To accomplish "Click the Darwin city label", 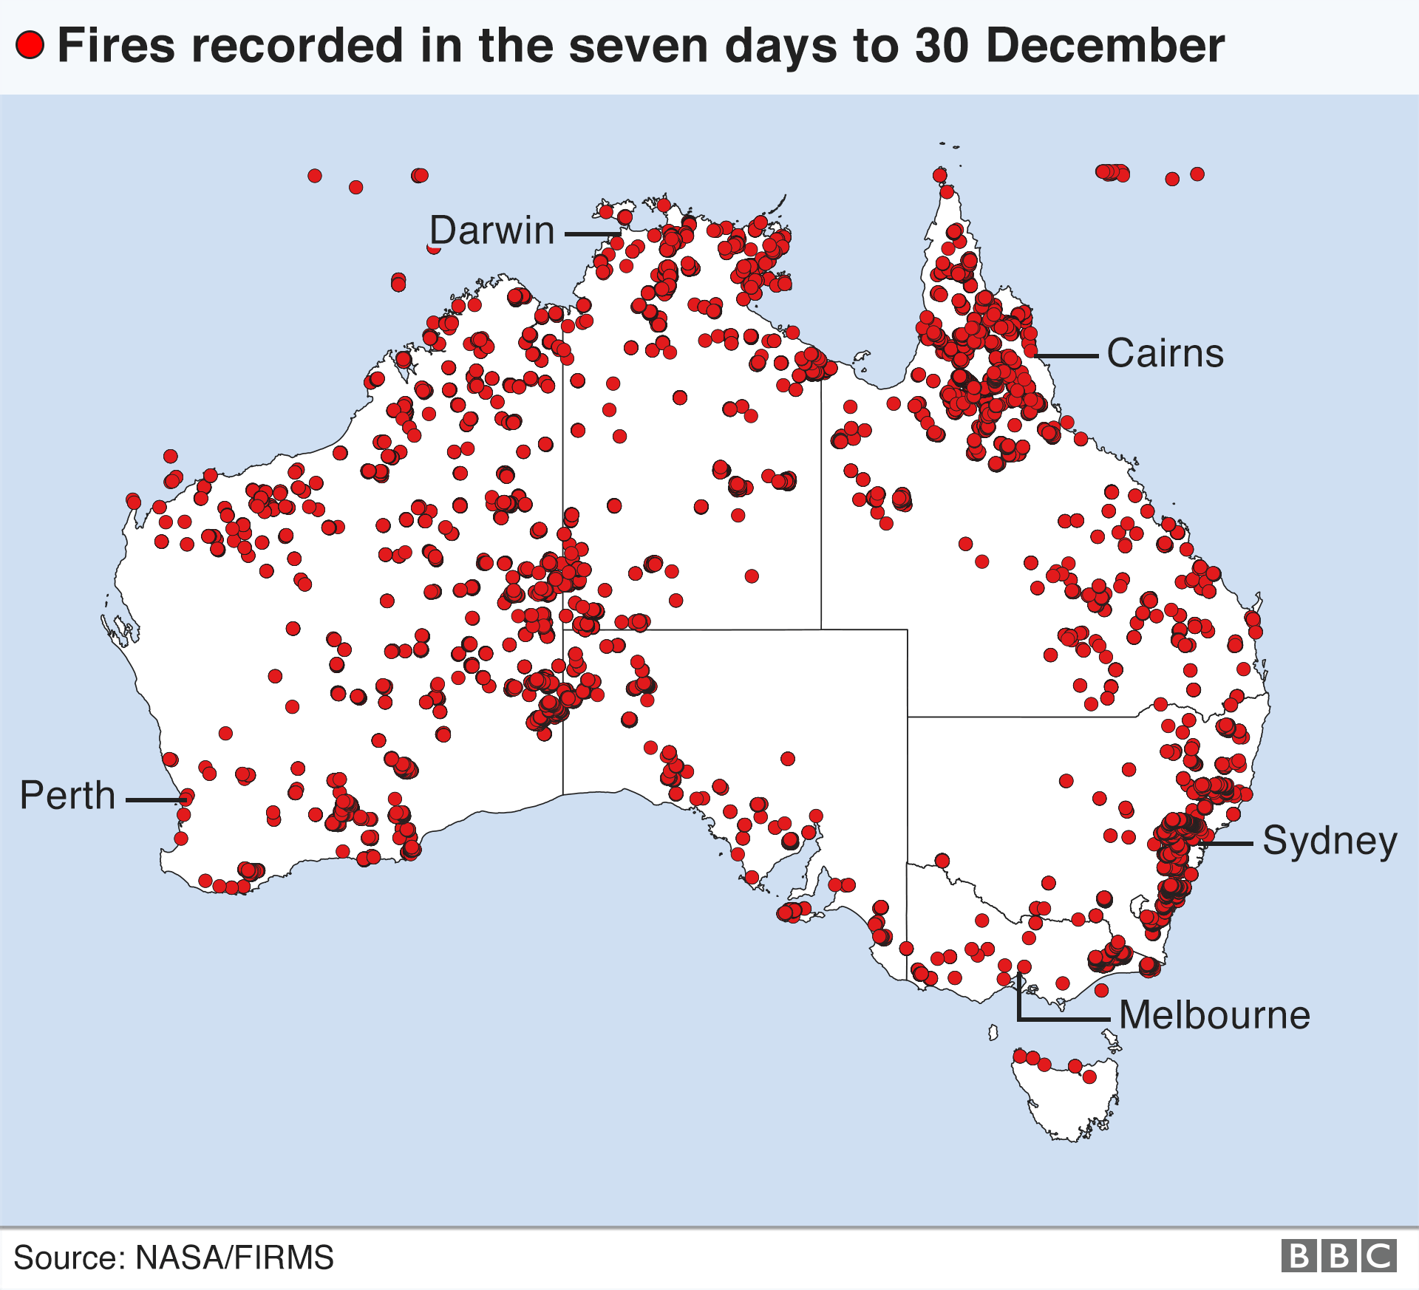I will [492, 231].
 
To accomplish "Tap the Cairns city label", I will [1165, 353].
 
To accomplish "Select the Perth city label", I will [67, 796].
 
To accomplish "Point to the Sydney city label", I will [1330, 841].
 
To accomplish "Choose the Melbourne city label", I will [1214, 1015].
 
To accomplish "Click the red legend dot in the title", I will [30, 45].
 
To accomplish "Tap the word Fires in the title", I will [116, 45].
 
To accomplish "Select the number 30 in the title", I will [941, 45].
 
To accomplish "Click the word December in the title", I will [1105, 45].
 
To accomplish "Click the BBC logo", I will [1338, 1256].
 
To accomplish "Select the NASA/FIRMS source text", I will [234, 1257].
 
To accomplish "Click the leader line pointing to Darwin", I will [591, 234].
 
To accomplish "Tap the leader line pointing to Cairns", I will [1068, 356].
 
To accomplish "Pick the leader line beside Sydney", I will [1227, 843].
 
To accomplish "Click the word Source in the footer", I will [66, 1257].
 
